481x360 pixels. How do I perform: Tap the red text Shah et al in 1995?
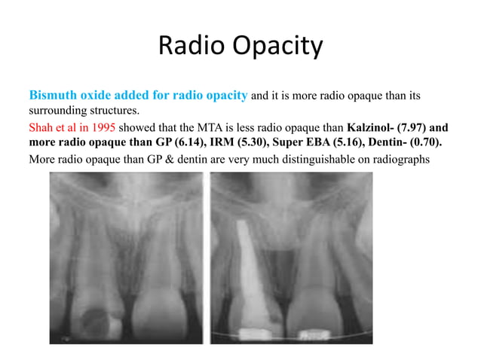72,127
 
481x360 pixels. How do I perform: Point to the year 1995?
103,127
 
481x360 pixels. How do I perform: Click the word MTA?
198,127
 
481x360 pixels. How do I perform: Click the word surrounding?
58,111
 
